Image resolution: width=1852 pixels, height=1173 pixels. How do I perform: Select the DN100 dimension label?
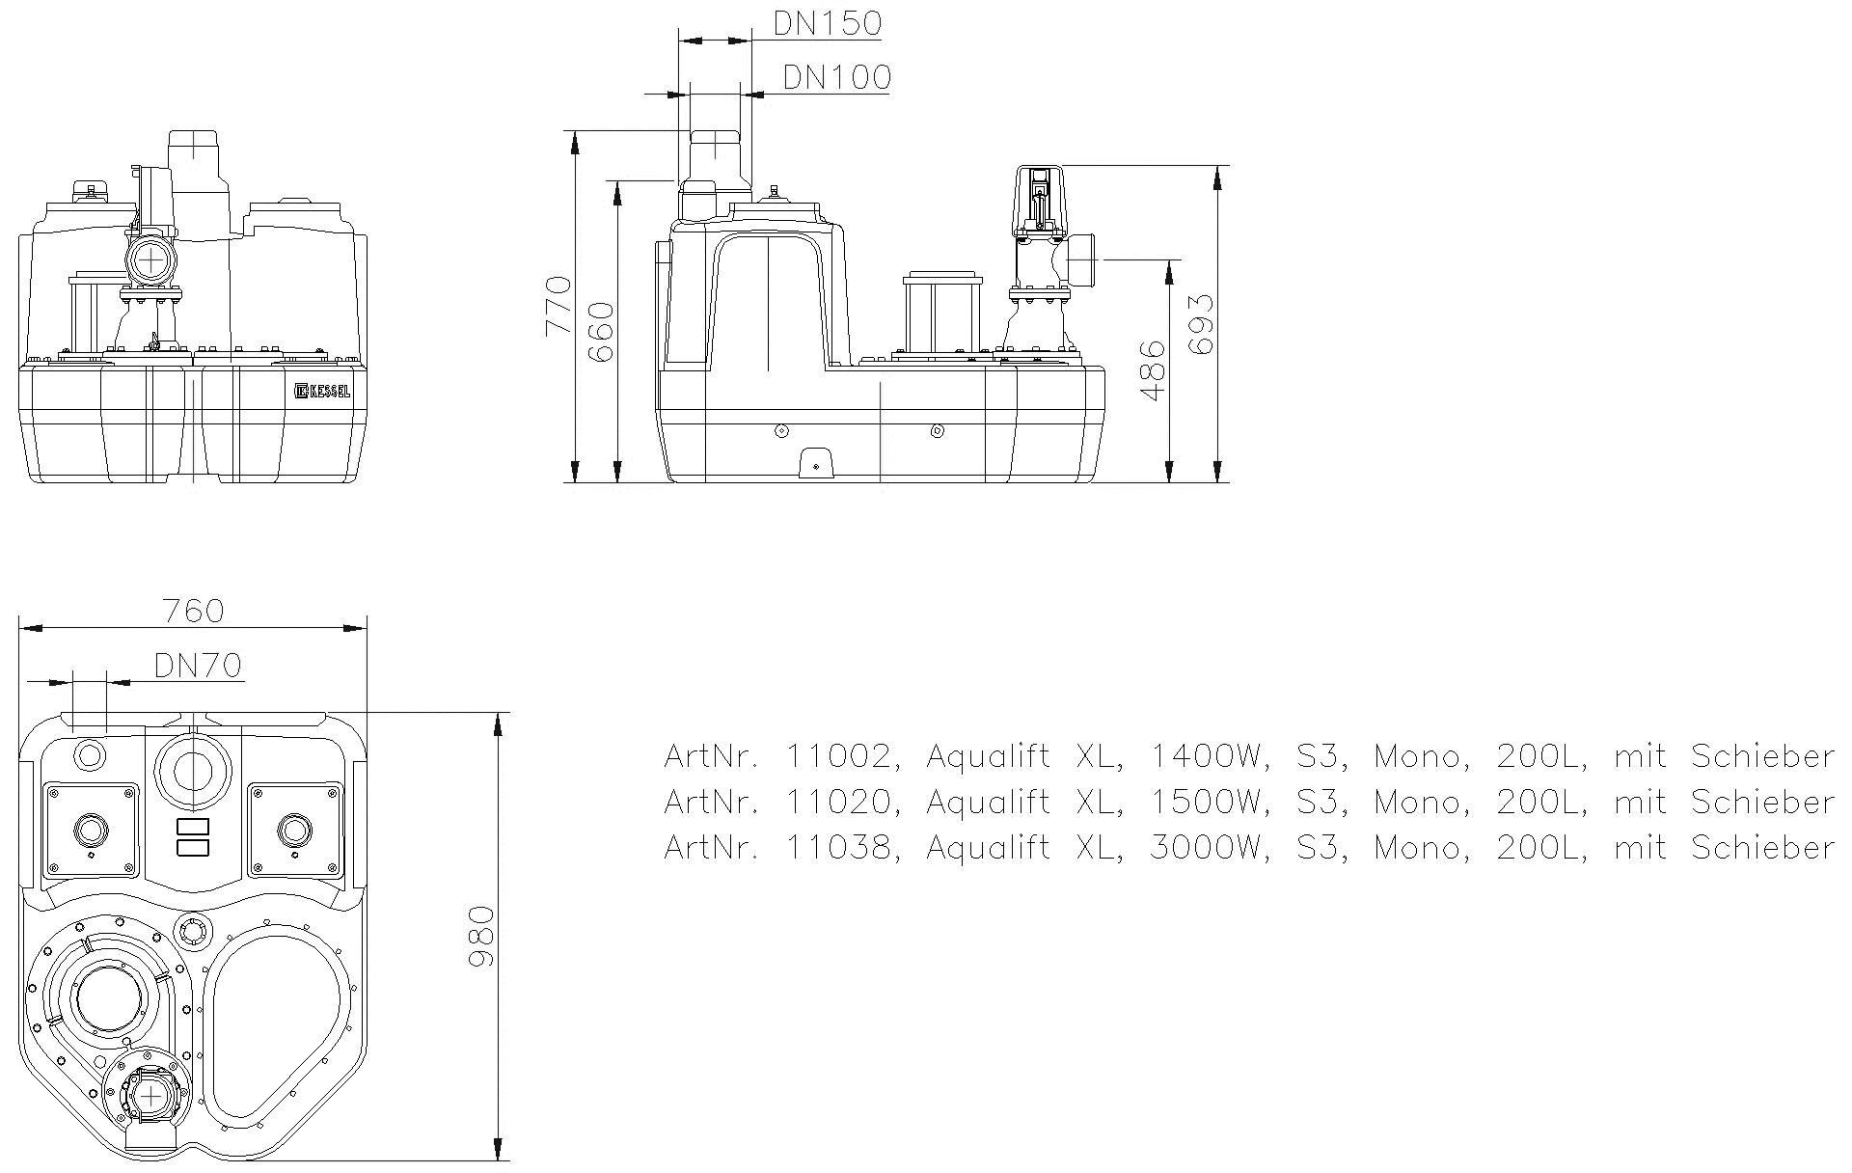[836, 76]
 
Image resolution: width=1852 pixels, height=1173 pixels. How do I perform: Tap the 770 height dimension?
[558, 306]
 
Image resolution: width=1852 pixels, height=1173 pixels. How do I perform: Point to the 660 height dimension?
[601, 332]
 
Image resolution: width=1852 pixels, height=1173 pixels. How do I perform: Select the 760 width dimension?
[193, 611]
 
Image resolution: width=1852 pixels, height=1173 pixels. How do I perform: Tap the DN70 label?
[198, 665]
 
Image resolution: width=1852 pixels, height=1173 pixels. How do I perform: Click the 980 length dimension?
[479, 938]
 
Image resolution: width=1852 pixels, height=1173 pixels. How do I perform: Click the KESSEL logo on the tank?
[323, 391]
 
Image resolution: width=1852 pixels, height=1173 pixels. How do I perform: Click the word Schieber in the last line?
[1762, 847]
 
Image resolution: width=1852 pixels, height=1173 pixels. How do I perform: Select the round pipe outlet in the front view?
[150, 259]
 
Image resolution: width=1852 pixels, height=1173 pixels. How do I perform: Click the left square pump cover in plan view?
[92, 829]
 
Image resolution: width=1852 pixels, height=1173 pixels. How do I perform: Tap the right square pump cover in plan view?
[294, 829]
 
